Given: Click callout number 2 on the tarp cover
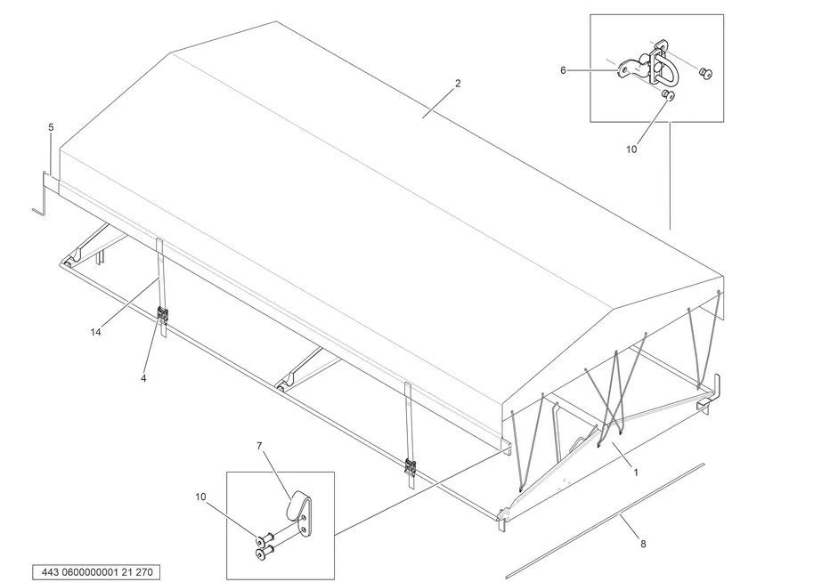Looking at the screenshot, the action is pyautogui.click(x=458, y=84).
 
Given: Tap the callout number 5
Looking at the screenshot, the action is pyautogui.click(x=51, y=128).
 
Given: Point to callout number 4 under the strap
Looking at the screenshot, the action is pyautogui.click(x=143, y=378).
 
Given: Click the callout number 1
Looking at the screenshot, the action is pyautogui.click(x=636, y=473).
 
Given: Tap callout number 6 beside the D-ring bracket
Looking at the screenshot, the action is pyautogui.click(x=563, y=69).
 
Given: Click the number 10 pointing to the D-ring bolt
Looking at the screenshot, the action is pyautogui.click(x=631, y=150).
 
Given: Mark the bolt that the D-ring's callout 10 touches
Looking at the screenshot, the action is pyautogui.click(x=670, y=94).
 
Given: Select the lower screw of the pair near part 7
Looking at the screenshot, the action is pyautogui.click(x=259, y=553).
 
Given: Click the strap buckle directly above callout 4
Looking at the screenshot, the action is pyautogui.click(x=162, y=316).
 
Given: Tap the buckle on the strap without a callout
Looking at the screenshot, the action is pyautogui.click(x=411, y=465).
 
